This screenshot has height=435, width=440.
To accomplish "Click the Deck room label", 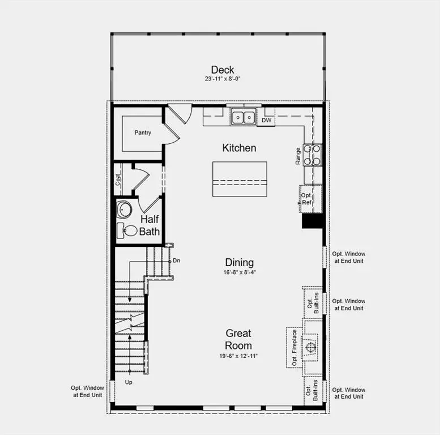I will click(223, 70).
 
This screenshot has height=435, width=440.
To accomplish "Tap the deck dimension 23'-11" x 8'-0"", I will click(223, 79).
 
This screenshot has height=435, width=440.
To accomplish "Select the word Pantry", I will click(142, 133).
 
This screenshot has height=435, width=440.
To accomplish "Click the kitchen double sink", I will click(244, 117).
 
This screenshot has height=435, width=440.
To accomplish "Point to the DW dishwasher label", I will click(266, 120).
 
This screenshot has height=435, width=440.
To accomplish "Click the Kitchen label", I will click(239, 148).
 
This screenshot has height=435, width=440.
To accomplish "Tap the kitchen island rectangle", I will click(240, 179).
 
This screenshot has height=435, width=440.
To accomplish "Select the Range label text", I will click(298, 156).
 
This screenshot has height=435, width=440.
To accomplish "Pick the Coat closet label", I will click(118, 180).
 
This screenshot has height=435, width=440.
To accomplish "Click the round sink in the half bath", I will click(124, 210).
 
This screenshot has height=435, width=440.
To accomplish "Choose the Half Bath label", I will click(150, 225).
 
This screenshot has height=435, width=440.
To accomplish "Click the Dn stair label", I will click(176, 261).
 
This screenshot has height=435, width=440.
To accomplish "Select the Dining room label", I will click(240, 262).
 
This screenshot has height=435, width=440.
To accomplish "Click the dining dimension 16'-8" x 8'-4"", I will click(240, 272).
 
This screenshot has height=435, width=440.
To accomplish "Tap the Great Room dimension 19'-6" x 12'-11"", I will click(238, 356).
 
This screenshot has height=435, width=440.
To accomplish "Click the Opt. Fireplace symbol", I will click(309, 346).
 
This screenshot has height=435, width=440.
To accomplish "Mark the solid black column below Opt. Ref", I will click(311, 221).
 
